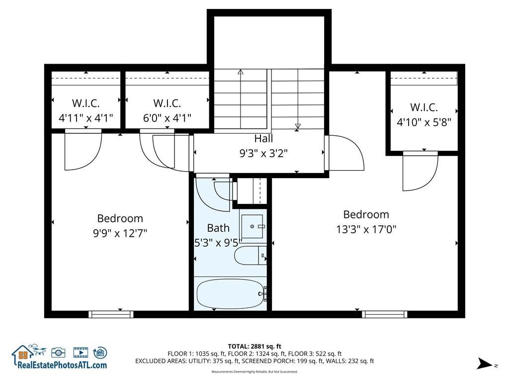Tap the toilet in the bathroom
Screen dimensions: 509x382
tap(251, 255)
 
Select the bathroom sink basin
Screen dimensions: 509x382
tap(252, 226)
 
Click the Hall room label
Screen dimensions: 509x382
tap(263, 139)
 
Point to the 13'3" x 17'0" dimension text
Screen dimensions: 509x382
tap(366, 229)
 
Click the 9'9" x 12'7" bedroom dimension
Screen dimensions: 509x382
tap(120, 233)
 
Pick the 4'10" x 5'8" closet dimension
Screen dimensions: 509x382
tap(424, 122)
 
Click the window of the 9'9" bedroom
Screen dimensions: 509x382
tap(111, 314)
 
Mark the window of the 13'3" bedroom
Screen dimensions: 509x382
tap(385, 314)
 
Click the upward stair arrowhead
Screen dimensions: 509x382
tap(240, 72)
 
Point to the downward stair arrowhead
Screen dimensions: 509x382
tap(298, 126)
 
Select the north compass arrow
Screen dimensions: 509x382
tap(485, 364)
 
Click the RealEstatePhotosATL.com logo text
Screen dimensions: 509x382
tap(62, 365)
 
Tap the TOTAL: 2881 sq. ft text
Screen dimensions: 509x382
tap(254, 346)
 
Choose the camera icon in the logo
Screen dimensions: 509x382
tap(58, 353)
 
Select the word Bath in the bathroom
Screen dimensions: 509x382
tap(218, 228)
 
